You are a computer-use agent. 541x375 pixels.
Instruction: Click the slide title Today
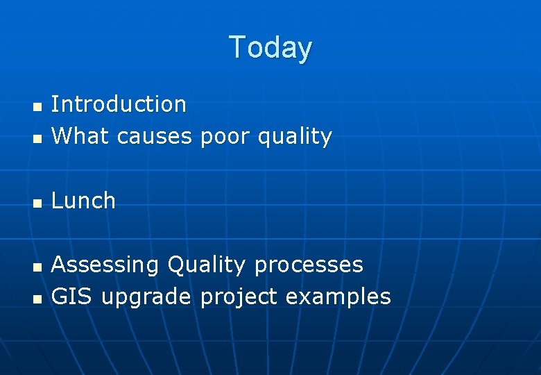(x=270, y=47)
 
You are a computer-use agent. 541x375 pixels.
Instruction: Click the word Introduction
(x=119, y=104)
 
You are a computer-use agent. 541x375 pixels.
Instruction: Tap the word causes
(x=154, y=137)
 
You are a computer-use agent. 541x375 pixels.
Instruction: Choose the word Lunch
(x=83, y=201)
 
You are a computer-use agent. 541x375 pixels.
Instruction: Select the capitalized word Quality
(x=207, y=265)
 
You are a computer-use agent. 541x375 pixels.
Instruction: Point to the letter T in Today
(x=238, y=47)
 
